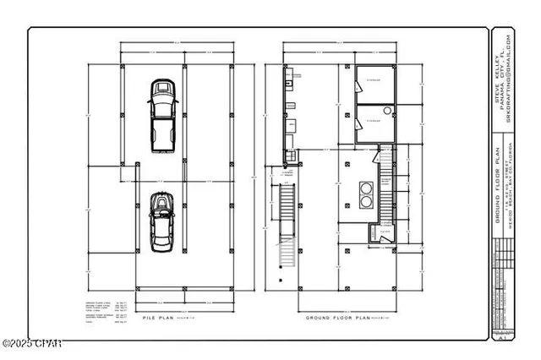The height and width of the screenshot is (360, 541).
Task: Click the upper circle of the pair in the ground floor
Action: coord(367,188)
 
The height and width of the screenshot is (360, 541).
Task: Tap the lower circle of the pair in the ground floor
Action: coord(367,203)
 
